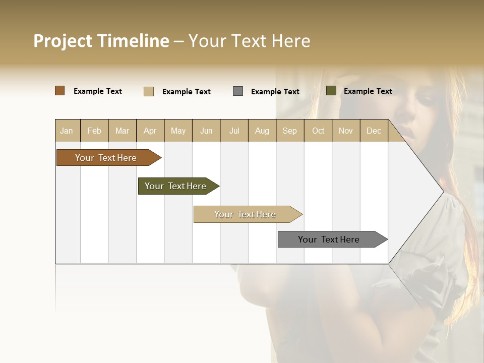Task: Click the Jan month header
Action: (67, 131)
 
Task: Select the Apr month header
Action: (150, 131)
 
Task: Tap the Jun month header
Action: (206, 131)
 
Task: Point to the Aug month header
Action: (262, 131)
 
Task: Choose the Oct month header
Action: (318, 131)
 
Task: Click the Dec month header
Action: (374, 131)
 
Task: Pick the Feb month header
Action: (94, 131)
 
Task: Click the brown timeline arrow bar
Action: (106, 158)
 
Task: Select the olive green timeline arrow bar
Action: (176, 186)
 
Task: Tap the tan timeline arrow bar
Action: (246, 214)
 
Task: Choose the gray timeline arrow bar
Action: (329, 239)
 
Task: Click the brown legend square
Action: (59, 91)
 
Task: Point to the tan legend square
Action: (149, 91)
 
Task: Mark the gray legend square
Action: (238, 91)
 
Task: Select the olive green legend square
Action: (331, 91)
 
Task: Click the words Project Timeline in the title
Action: (101, 41)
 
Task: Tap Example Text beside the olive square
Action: (368, 91)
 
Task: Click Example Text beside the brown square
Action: (98, 91)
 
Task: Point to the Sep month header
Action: (289, 131)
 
